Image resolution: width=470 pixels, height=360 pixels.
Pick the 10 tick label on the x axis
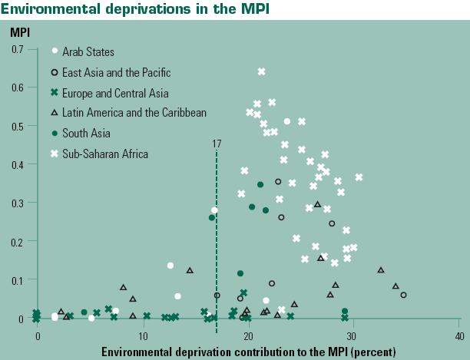pyautogui.click(x=142, y=336)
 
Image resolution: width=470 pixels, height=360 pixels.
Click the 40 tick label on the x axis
pyautogui.click(x=458, y=336)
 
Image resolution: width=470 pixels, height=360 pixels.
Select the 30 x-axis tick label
pyautogui.click(x=353, y=336)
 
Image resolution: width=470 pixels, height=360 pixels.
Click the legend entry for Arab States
pyautogui.click(x=88, y=52)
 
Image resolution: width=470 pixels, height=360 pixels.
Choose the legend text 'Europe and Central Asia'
pyautogui.click(x=115, y=93)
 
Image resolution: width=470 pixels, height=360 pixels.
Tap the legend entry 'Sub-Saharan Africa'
pyautogui.click(x=104, y=154)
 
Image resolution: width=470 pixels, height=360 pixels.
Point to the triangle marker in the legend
pyautogui.click(x=55, y=113)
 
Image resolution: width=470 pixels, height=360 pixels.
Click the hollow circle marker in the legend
pyautogui.click(x=55, y=72)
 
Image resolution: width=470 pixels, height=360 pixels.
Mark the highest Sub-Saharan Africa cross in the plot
pyautogui.click(x=262, y=71)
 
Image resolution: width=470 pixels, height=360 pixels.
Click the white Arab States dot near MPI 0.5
pyautogui.click(x=287, y=121)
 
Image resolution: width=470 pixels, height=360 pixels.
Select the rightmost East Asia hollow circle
pyautogui.click(x=404, y=295)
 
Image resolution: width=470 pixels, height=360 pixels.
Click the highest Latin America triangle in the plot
pyautogui.click(x=318, y=204)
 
